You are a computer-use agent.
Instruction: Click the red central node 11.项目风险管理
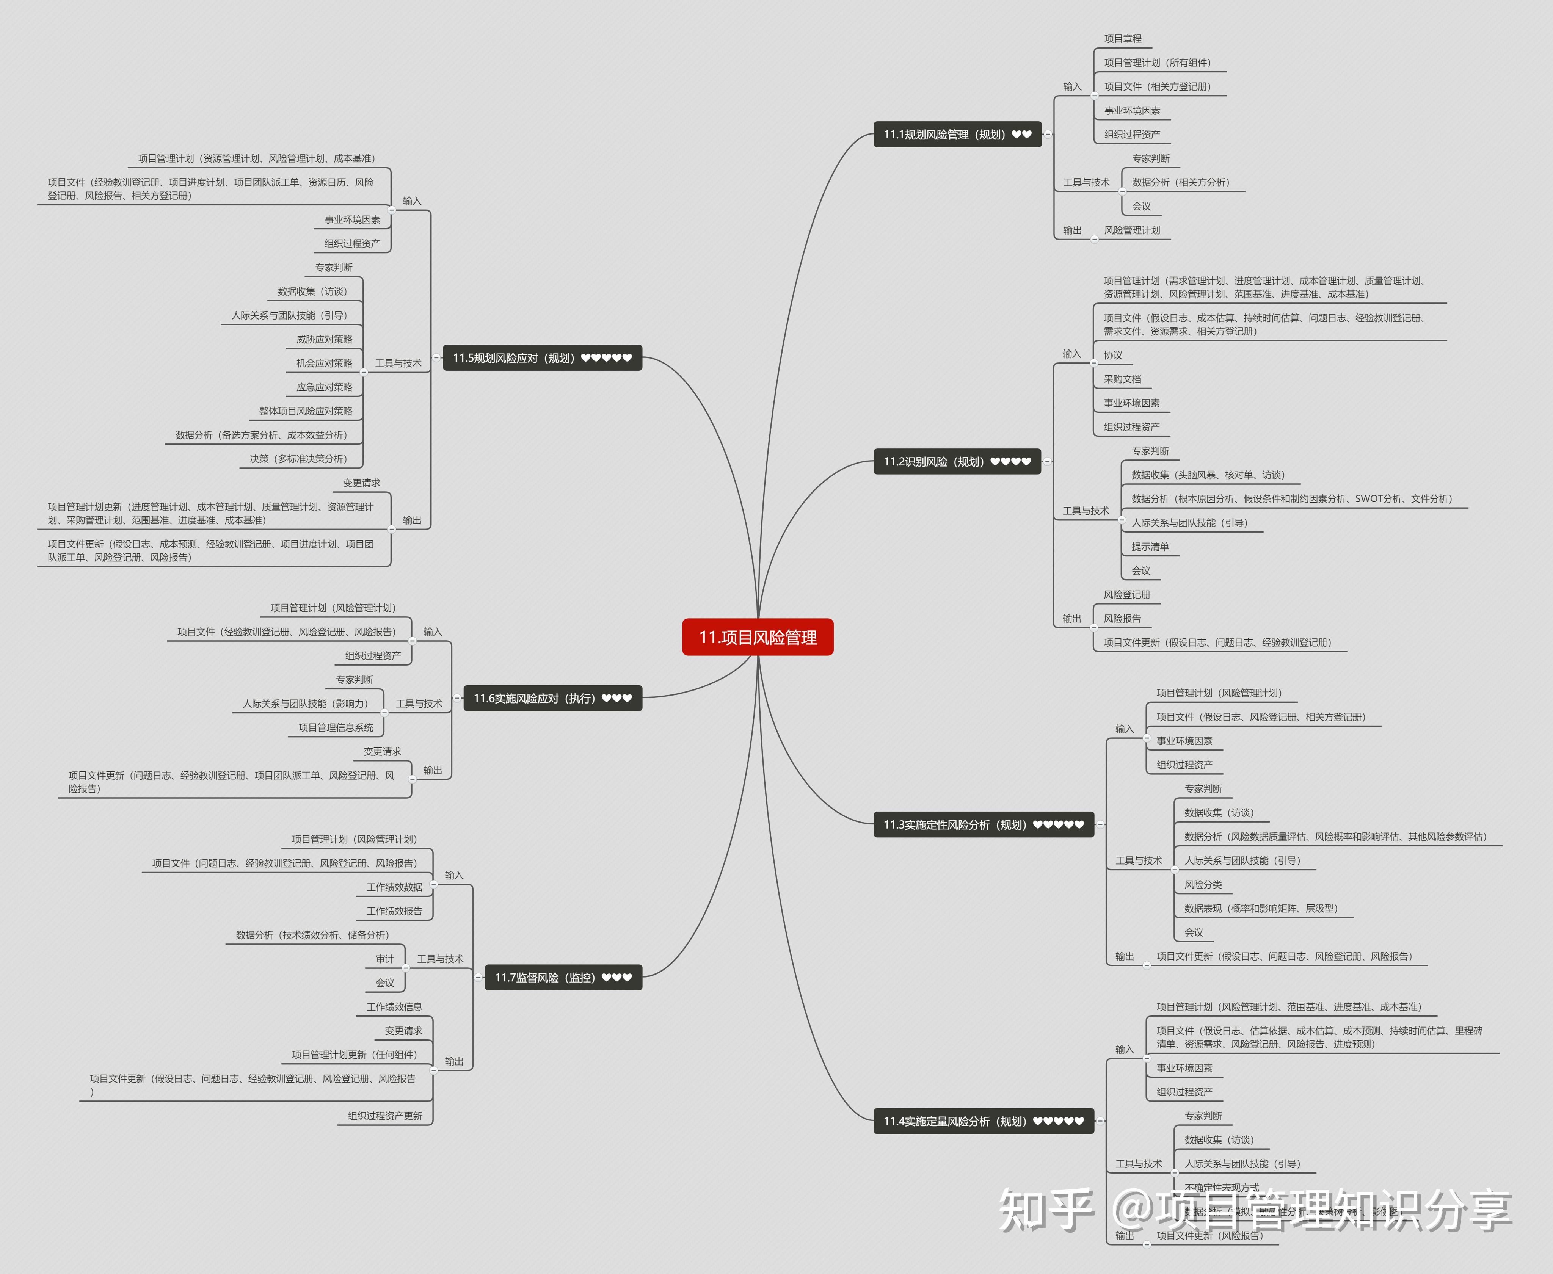click(x=758, y=637)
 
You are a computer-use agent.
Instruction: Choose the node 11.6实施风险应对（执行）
click(x=552, y=698)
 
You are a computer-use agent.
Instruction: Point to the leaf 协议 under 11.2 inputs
click(x=1113, y=355)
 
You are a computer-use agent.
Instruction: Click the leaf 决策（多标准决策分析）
click(x=298, y=459)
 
